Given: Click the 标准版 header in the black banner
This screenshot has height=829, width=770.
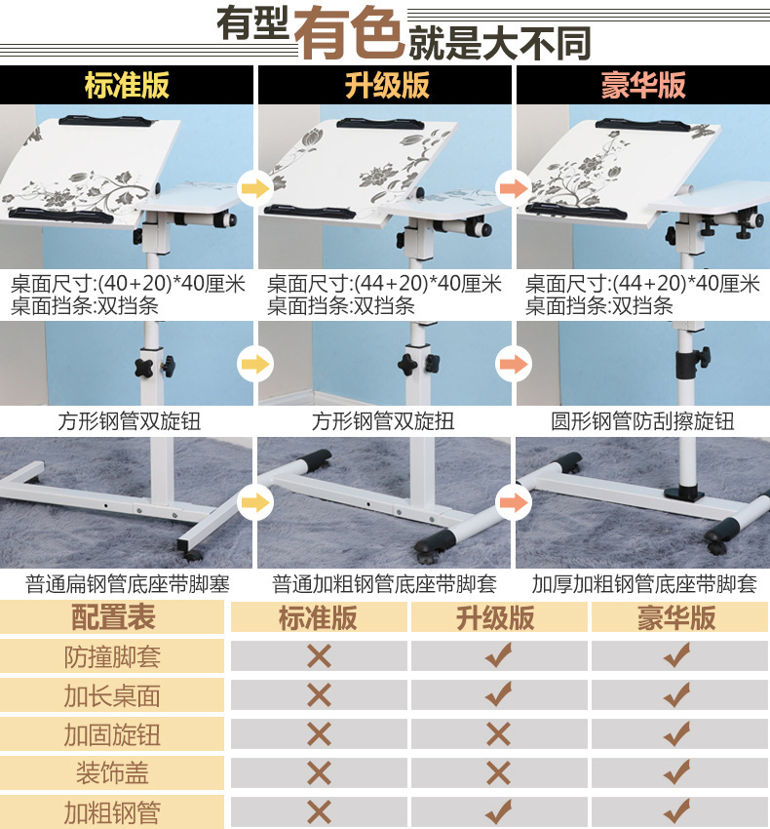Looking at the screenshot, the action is pos(127,85).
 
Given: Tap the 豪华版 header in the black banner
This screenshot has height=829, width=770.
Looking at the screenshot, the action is pos(643,85).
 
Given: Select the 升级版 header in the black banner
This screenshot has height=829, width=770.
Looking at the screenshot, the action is pos(387,85).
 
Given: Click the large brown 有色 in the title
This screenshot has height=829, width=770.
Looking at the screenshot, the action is pos(349,33).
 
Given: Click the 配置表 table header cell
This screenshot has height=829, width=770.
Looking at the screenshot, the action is pos(112,617).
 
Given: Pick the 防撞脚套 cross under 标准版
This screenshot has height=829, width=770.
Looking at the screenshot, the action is pos(319,656).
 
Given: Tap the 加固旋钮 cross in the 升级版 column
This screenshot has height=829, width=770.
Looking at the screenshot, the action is pos(498,734).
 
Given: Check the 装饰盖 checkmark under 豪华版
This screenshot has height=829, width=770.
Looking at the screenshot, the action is pos(677,771).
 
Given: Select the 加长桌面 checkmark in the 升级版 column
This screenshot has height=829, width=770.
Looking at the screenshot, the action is pos(498,694).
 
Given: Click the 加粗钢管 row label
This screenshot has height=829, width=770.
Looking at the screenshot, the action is pos(112,812).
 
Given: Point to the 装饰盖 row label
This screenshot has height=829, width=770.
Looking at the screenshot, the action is pos(112,773).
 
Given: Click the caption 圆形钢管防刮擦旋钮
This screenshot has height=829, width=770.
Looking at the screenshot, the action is pos(642,421).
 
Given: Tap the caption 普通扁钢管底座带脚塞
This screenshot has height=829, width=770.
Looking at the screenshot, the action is pos(128,584).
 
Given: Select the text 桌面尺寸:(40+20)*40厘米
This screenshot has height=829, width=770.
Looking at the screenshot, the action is pos(128,284).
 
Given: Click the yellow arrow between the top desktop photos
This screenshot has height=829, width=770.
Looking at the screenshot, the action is pos(255,187).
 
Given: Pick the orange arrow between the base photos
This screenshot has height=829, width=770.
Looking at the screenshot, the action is pos(514,501).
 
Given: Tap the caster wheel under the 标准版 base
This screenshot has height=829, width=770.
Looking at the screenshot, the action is pos(192,556).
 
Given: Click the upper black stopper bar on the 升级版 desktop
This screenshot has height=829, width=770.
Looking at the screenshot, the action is pos(380,125).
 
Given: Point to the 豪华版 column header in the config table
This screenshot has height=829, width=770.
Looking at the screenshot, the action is pos(677,617).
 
